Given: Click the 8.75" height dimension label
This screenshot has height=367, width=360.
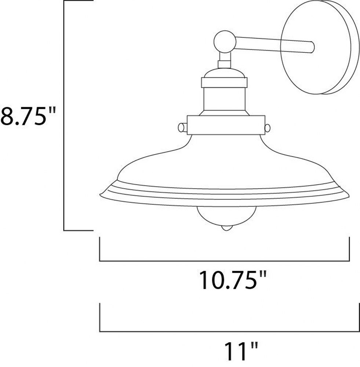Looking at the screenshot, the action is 28,116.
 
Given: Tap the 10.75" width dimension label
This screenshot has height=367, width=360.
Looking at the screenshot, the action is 232,280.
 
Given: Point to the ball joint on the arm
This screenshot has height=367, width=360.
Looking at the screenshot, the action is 225,41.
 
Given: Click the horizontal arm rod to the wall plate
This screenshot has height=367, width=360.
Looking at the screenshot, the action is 274,45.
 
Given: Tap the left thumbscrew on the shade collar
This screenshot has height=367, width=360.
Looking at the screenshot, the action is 183,128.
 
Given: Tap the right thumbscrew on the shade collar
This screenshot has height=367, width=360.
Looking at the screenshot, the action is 267,128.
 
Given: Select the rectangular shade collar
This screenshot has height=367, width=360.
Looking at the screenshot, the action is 226,125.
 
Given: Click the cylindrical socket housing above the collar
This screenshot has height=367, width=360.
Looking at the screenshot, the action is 225,99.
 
